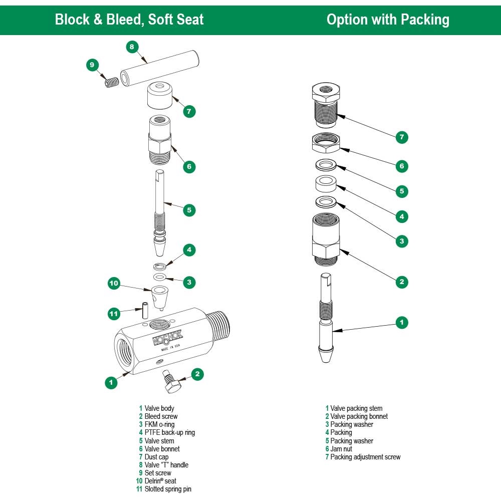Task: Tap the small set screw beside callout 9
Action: pyautogui.click(x=112, y=81)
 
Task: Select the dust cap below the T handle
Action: pyautogui.click(x=159, y=96)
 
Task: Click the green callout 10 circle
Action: pyautogui.click(x=114, y=284)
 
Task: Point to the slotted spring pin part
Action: pyautogui.click(x=144, y=309)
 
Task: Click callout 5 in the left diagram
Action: pyautogui.click(x=189, y=210)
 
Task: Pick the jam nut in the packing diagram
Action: pyautogui.click(x=326, y=144)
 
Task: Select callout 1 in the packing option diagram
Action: pyautogui.click(x=401, y=322)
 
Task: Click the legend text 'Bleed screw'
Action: pyautogui.click(x=161, y=416)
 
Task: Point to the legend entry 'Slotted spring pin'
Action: pyautogui.click(x=168, y=489)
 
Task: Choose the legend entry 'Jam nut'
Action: pyautogui.click(x=341, y=449)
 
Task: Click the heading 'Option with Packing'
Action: pyautogui.click(x=388, y=20)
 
